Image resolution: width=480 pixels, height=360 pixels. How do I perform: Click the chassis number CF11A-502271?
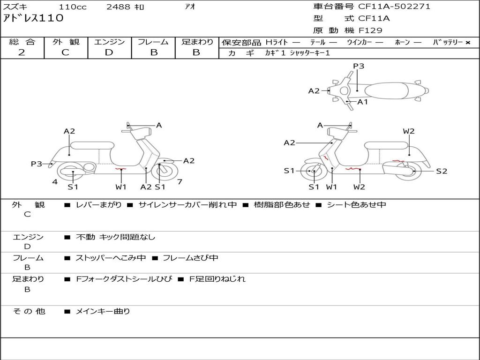[394, 7]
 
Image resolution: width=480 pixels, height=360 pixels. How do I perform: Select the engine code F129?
[370, 30]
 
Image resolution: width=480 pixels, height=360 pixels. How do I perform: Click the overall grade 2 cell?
[22, 52]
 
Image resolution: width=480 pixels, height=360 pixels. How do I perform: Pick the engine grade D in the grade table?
[109, 52]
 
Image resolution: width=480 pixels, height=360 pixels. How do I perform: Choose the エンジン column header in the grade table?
[109, 42]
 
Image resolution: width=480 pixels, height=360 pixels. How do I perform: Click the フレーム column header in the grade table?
[153, 42]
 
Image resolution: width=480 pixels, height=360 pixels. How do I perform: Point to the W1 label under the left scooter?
[121, 187]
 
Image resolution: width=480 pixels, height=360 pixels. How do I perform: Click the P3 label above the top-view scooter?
[359, 66]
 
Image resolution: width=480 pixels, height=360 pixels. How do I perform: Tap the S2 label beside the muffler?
[442, 171]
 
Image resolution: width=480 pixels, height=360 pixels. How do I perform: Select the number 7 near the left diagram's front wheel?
[180, 182]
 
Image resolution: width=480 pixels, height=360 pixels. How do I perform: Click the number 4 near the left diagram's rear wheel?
[55, 182]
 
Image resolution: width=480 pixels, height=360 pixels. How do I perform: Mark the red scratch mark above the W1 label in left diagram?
[121, 169]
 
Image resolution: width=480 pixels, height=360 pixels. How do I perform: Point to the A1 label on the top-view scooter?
[362, 102]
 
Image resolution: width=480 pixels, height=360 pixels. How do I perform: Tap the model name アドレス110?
[33, 18]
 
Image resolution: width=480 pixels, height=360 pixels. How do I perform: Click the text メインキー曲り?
[103, 311]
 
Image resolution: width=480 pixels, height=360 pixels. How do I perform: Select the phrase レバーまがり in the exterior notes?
[98, 205]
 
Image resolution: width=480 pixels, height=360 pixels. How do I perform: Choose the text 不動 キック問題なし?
[115, 237]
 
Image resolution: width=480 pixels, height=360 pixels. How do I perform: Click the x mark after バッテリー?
[468, 42]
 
